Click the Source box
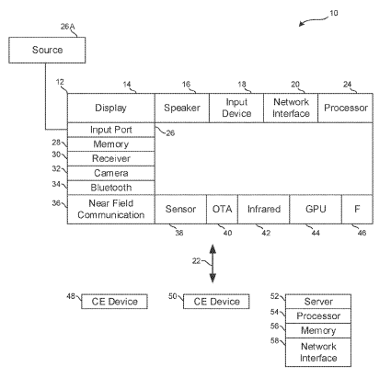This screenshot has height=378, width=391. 47,51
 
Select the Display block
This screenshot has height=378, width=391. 111,108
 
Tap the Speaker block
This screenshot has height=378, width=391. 182,108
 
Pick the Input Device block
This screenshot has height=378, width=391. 236,108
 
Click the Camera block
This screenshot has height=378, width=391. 111,173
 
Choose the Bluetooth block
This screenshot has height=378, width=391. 111,188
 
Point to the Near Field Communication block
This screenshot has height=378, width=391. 111,210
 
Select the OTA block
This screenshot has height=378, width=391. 223,210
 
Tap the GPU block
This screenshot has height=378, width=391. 316,210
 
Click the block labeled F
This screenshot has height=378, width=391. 358,210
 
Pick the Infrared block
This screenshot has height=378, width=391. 264,210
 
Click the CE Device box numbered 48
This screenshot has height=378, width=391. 114,302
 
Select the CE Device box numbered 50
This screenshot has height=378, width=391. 216,302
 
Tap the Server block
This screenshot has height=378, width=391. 318,302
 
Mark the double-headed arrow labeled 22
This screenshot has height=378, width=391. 213,264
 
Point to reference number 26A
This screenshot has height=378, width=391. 67,27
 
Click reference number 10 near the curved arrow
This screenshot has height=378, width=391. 334,13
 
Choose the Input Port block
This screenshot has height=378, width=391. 111,130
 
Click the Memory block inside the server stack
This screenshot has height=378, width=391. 318,330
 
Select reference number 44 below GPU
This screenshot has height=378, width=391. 316,234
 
